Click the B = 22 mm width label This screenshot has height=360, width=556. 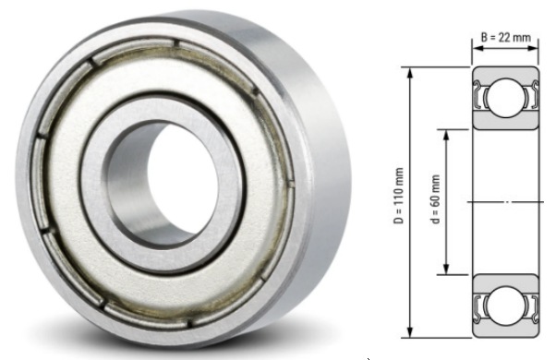click(x=505, y=38)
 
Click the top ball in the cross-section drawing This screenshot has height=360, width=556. click(x=505, y=97)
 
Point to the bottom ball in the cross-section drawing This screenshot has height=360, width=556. click(x=505, y=305)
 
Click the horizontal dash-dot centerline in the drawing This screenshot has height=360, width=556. click(x=505, y=201)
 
